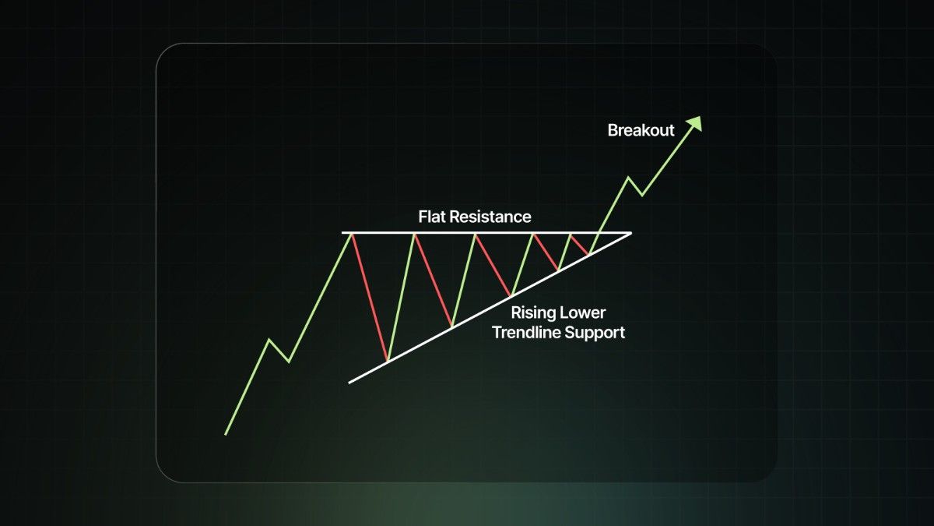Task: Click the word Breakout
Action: (641, 130)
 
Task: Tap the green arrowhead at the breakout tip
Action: (695, 124)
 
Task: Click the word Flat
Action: (432, 217)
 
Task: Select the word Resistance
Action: (491, 217)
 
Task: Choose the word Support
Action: (595, 334)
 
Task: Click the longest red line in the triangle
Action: (370, 297)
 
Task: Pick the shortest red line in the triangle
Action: (579, 244)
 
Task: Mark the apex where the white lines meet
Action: (631, 233)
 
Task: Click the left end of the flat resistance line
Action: (342, 233)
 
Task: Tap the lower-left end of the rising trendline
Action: (349, 383)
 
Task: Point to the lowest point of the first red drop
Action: (388, 361)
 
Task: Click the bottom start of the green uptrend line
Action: (226, 435)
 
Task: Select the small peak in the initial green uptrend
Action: (269, 340)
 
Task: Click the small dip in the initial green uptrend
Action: (289, 362)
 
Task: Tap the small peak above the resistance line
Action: (628, 178)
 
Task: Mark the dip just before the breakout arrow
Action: (641, 195)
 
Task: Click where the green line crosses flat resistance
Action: (599, 233)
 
